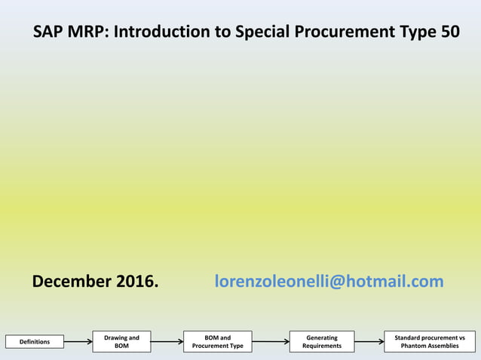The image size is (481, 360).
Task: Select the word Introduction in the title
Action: [x=161, y=32]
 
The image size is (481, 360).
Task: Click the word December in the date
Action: [x=72, y=282]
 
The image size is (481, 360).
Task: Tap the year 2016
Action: [x=136, y=282]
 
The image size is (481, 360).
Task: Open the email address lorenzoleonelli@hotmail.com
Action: [x=329, y=282]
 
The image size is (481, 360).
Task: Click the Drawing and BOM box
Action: [x=122, y=342]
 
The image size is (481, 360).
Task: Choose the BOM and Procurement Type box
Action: [x=218, y=342]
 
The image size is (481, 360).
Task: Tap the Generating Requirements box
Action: [x=322, y=342]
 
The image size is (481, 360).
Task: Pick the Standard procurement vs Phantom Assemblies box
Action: [x=430, y=342]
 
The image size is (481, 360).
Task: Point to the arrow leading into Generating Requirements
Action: [x=271, y=343]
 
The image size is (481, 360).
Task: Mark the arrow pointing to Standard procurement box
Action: [x=369, y=343]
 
